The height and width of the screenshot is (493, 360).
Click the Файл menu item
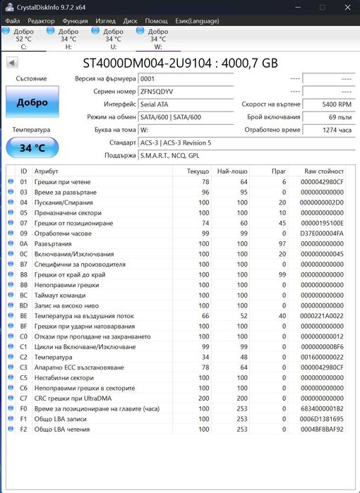[x=11, y=21]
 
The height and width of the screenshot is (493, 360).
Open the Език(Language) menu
[x=197, y=21]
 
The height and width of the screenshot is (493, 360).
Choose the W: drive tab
[x=158, y=38]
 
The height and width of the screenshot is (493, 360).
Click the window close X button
[x=345, y=7]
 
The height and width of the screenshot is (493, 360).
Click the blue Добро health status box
[x=32, y=102]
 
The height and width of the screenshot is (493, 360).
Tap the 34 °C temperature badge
[x=32, y=148]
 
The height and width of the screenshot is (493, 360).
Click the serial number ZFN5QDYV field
[x=185, y=92]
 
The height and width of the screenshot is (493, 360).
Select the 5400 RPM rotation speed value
[x=328, y=104]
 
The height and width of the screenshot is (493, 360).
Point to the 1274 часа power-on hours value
[x=328, y=130]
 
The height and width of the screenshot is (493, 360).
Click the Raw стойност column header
[x=324, y=171]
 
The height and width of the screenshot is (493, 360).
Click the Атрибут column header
[x=47, y=171]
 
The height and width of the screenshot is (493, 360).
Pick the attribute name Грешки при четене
[x=62, y=182]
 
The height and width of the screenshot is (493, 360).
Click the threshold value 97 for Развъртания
[x=282, y=243]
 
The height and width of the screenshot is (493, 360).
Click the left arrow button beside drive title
[x=12, y=63]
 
